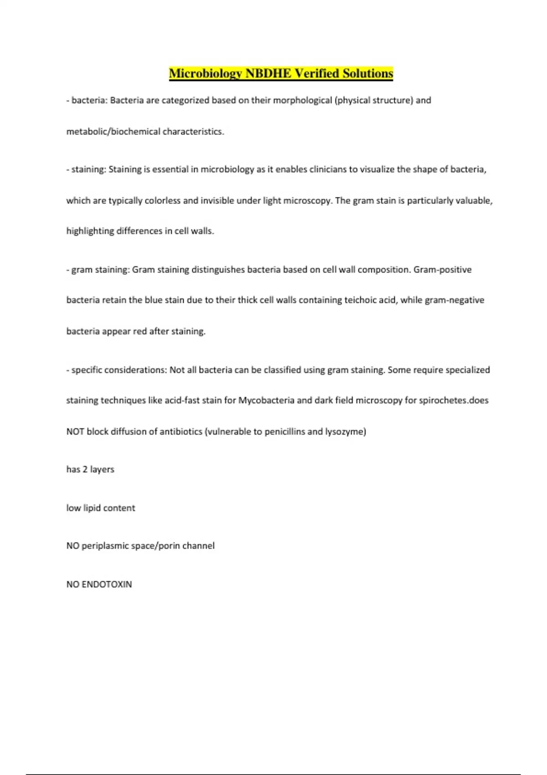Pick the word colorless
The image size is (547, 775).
[162, 201]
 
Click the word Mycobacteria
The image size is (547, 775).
[266, 401]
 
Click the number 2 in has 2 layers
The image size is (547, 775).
[85, 470]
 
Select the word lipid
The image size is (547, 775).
[92, 508]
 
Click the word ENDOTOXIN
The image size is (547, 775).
[107, 584]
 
